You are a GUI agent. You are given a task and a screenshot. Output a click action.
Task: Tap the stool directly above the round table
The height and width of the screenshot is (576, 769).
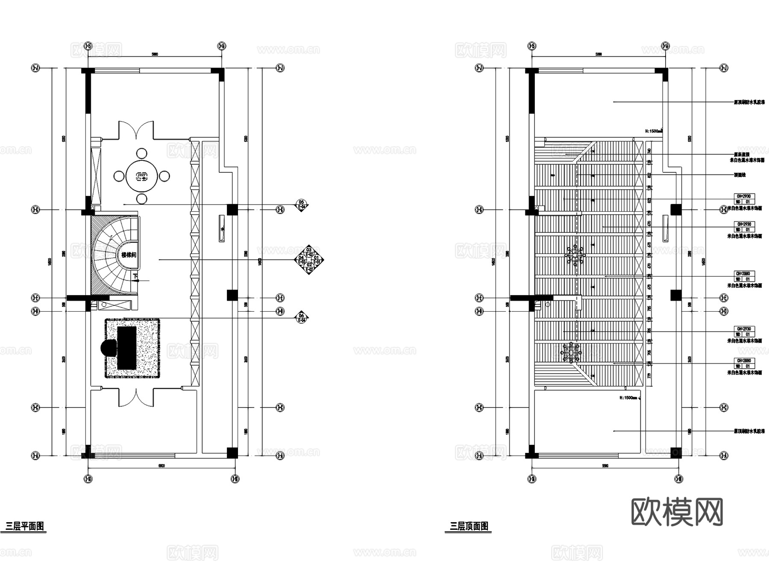(x=141, y=153)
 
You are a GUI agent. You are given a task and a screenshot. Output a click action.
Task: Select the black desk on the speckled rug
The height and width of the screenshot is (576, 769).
(x=127, y=348)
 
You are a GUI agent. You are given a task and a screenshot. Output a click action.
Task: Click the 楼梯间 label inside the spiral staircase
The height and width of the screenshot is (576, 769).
(x=128, y=255)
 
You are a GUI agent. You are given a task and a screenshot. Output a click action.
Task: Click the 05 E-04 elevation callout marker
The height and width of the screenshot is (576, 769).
(x=302, y=204)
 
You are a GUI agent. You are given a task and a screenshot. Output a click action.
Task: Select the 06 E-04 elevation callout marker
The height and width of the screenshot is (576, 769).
(x=302, y=318)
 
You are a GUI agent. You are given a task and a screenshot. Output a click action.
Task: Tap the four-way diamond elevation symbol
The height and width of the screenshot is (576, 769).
(x=309, y=260)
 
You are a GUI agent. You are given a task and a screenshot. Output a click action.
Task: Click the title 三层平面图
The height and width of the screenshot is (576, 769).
(x=25, y=526)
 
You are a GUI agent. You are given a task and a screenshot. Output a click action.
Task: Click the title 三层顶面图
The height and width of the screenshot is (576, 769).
(x=469, y=526)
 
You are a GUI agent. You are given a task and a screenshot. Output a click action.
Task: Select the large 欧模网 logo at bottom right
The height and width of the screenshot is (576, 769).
(x=677, y=512)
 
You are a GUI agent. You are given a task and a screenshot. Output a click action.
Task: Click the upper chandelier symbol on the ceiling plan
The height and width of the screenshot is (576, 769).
(x=575, y=255)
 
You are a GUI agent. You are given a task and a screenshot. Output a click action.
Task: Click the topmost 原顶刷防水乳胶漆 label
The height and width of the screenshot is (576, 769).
(x=749, y=102)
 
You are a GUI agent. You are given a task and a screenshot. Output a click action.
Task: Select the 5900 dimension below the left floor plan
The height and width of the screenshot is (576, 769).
(x=161, y=466)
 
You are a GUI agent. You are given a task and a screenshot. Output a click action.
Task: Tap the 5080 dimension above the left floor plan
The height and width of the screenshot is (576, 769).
(x=155, y=54)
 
